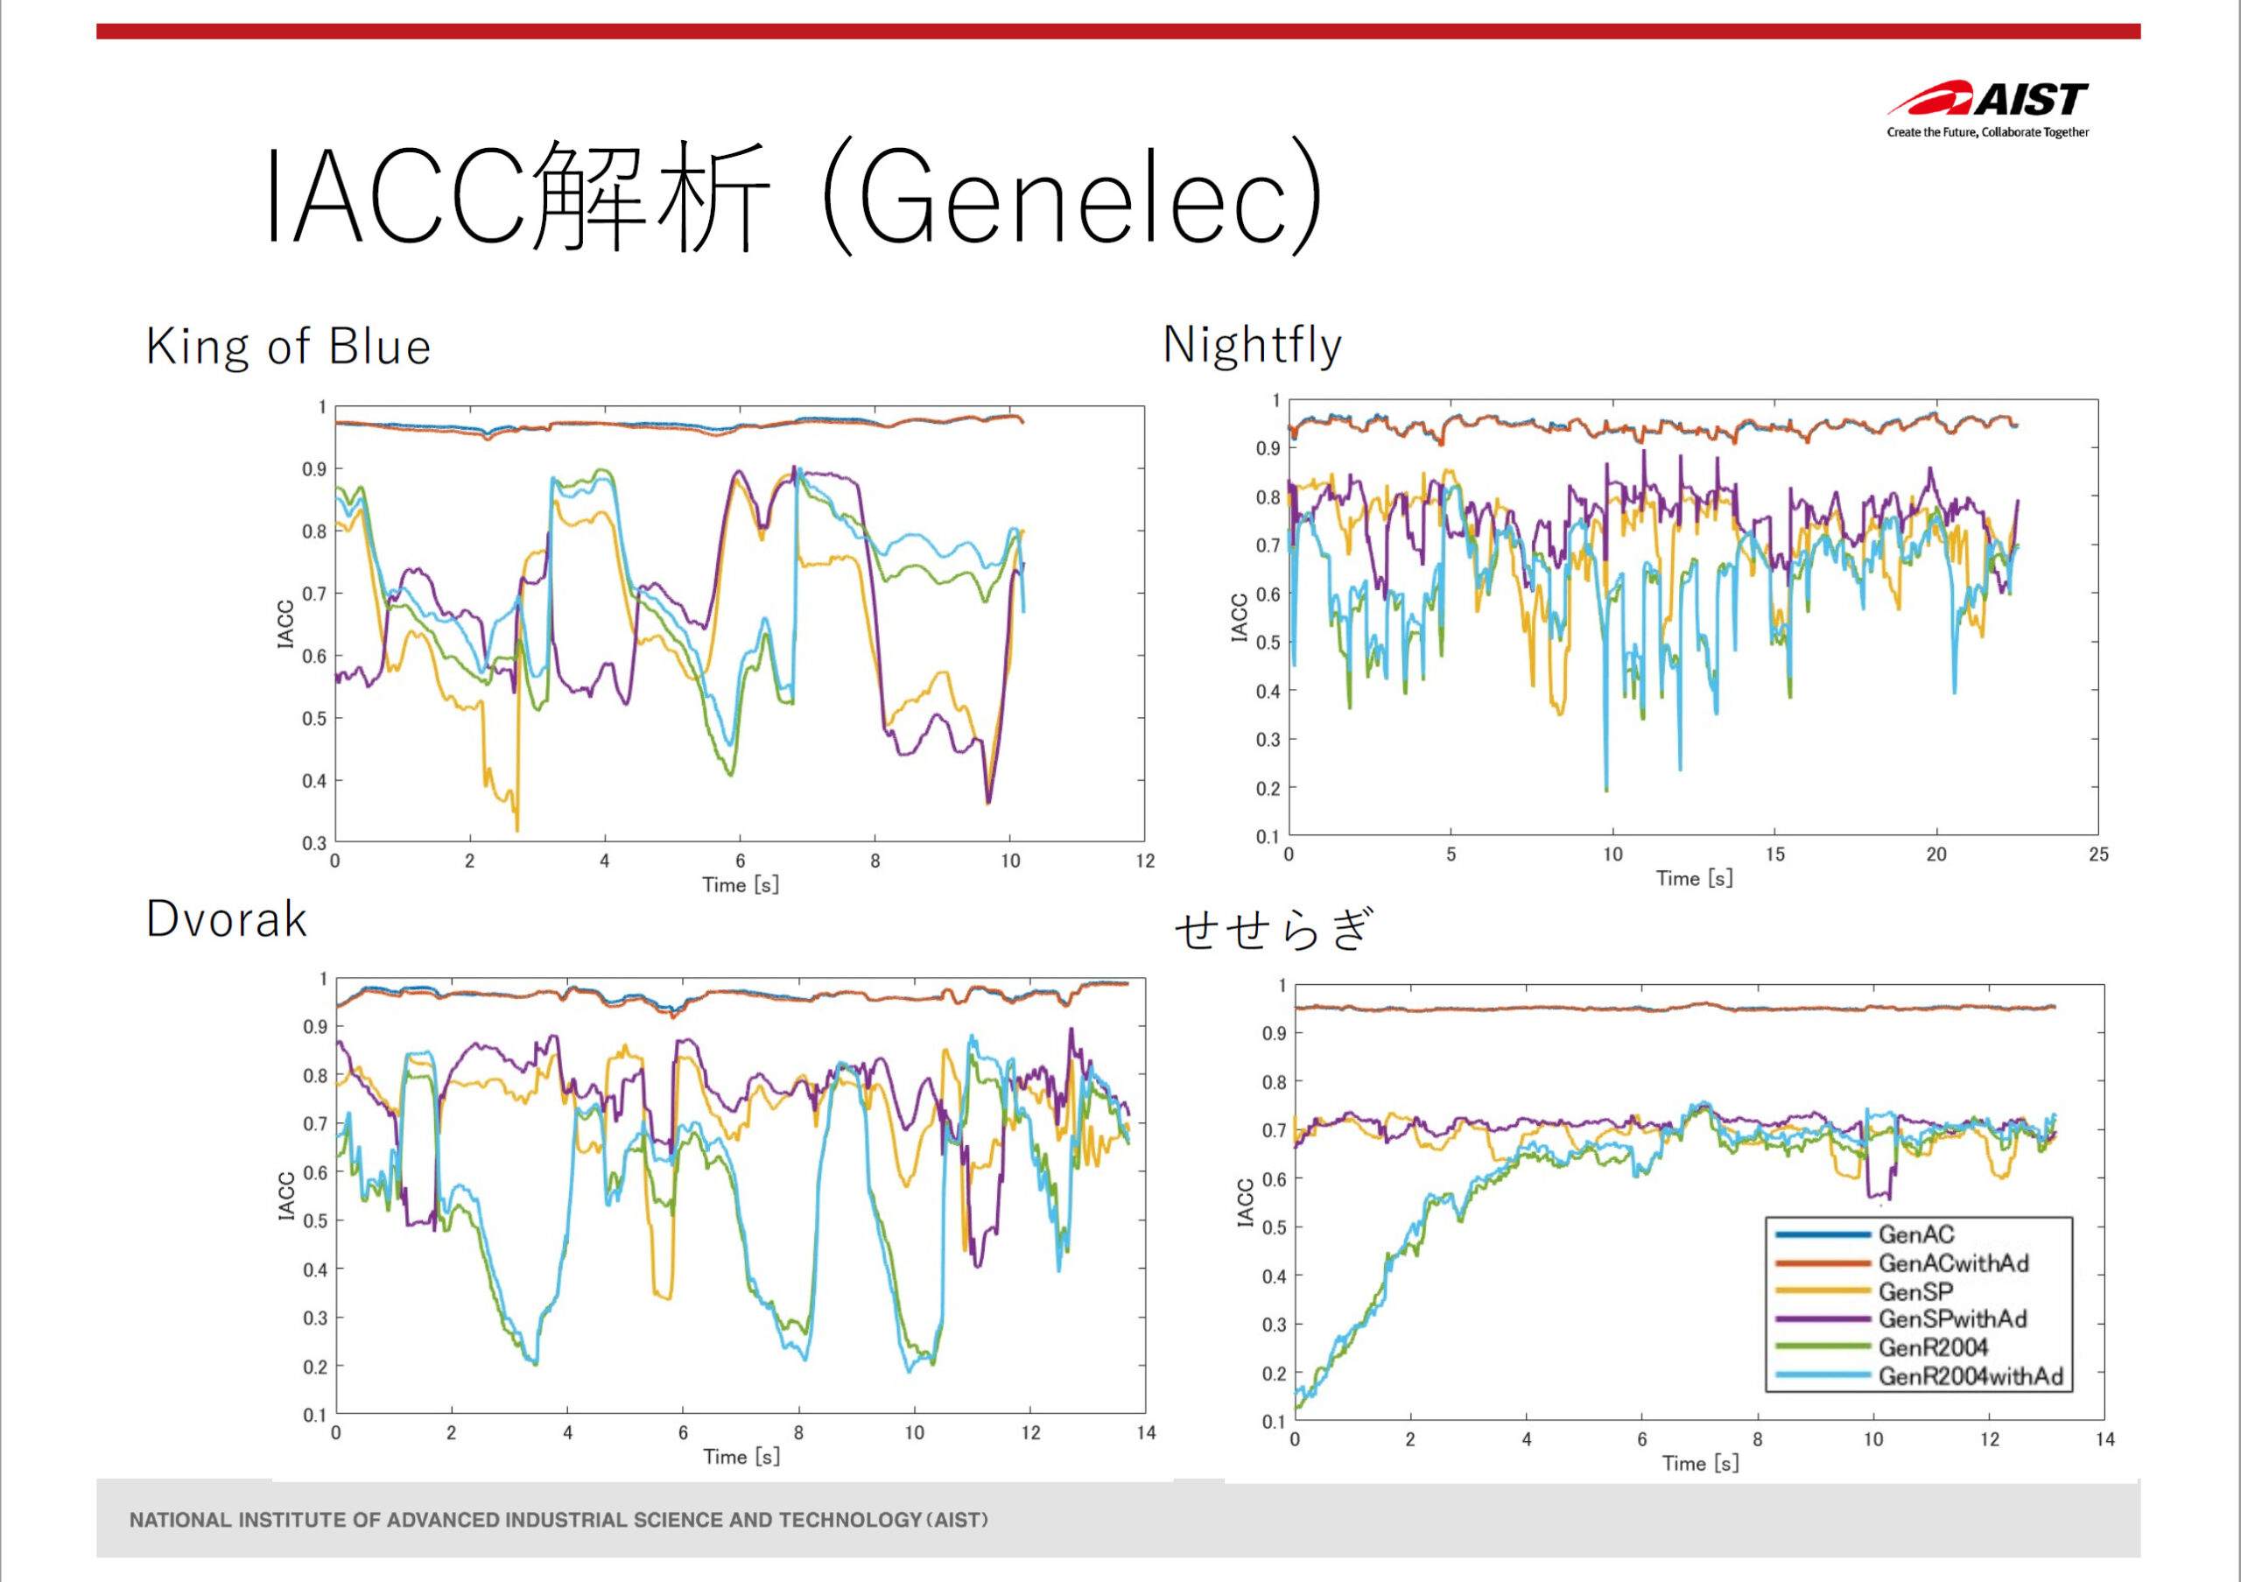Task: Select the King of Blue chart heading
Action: click(x=288, y=347)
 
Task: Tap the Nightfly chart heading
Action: click(x=1253, y=346)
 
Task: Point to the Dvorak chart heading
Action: click(x=227, y=919)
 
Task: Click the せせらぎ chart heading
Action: click(x=1274, y=929)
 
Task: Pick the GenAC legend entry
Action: click(x=1916, y=1234)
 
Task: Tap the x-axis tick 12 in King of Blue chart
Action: click(x=1145, y=861)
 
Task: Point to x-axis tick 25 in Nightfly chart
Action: click(x=2098, y=854)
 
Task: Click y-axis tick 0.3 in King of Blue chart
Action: click(x=313, y=843)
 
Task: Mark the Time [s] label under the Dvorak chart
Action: click(x=741, y=1457)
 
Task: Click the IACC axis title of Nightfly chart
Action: click(x=1240, y=618)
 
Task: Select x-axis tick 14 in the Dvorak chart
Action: click(x=1146, y=1432)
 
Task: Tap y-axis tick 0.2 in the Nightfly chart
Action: click(x=1267, y=789)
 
